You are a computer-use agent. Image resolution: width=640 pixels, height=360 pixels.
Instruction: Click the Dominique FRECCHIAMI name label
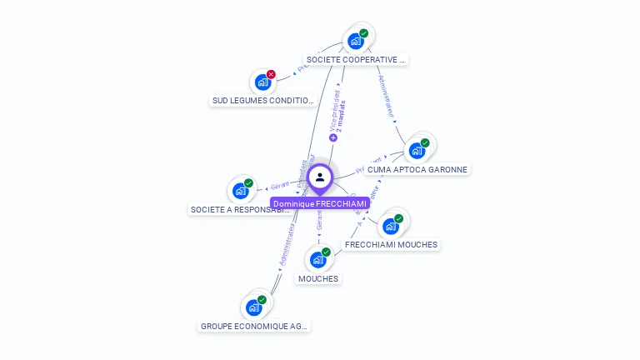319,203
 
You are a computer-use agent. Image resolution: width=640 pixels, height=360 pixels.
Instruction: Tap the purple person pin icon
320,177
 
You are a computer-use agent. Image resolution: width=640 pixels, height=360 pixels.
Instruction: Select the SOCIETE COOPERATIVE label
355,60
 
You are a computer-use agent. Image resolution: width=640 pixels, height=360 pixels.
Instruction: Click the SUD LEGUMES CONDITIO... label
263,101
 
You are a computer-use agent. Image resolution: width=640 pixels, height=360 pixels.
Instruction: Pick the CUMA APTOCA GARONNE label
417,169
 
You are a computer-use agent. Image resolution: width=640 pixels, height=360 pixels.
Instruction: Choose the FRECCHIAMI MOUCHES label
391,245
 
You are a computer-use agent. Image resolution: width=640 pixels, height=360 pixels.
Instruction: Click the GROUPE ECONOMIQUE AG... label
254,326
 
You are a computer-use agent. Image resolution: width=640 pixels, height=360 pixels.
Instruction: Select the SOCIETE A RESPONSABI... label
241,210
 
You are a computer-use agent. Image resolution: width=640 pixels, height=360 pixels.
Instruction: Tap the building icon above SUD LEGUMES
263,82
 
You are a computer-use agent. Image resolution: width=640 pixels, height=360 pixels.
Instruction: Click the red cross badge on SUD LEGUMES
271,74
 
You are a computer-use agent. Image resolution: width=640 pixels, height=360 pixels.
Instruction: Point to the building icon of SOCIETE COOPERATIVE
356,42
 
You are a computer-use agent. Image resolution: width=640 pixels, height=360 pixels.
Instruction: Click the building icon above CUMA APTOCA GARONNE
417,151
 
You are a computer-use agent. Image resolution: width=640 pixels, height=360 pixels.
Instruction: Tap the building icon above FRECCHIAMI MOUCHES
390,227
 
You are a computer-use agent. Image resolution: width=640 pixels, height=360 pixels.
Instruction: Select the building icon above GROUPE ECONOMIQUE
253,307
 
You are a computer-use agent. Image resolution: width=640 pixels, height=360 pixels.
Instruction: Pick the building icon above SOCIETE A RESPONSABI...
241,191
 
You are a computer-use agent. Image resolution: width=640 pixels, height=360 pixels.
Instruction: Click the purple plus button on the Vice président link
333,138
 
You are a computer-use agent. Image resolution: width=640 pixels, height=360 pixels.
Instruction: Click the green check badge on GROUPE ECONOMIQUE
262,299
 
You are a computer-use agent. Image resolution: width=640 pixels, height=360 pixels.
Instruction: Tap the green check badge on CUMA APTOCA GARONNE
425,142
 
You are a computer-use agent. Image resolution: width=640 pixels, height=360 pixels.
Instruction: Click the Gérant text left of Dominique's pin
281,186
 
